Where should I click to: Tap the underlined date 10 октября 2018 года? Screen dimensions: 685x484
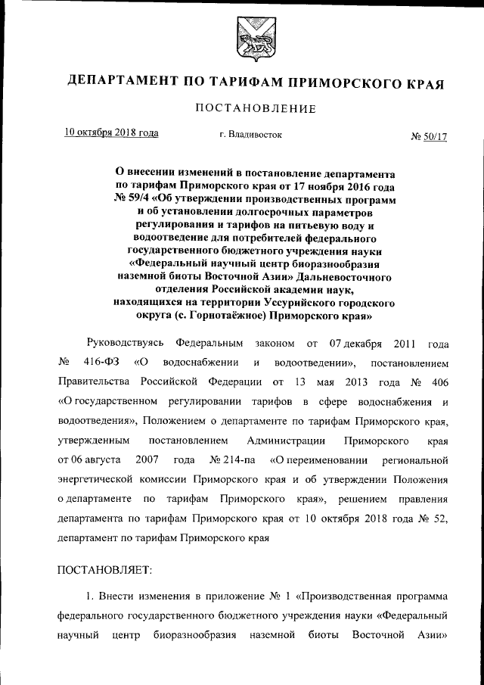tap(111, 132)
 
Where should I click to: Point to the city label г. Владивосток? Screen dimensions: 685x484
tap(251, 135)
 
